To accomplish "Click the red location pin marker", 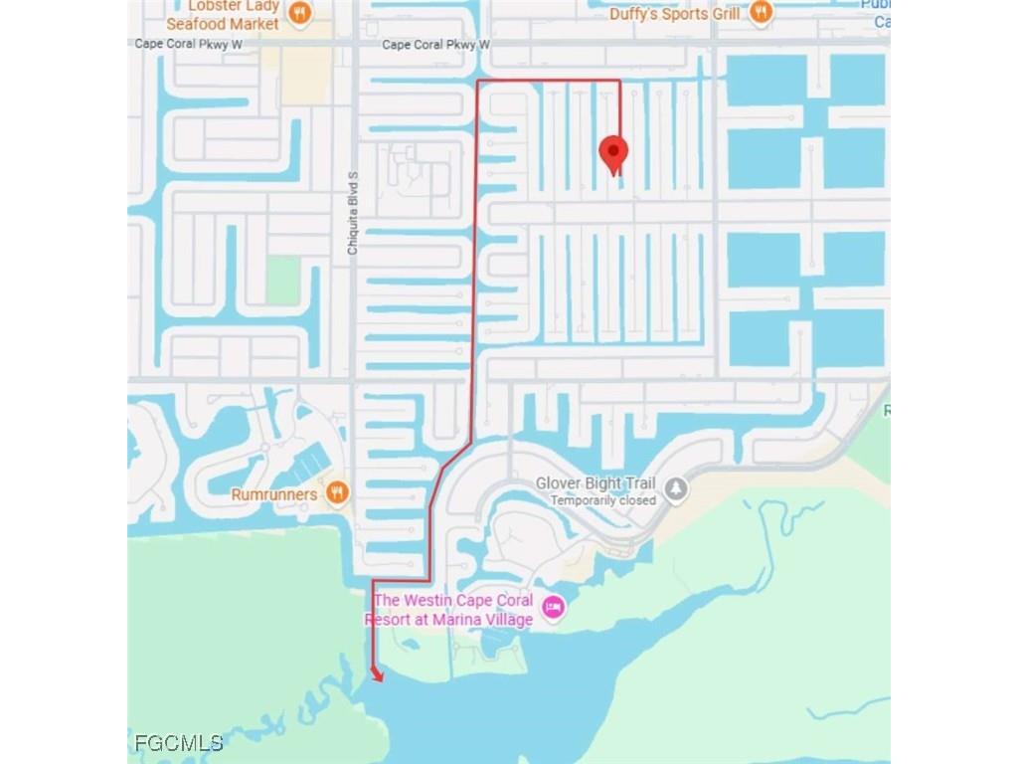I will (x=613, y=154).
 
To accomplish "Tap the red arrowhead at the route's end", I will (x=377, y=675).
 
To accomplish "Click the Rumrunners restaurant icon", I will (x=338, y=494).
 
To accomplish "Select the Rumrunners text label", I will (x=273, y=494).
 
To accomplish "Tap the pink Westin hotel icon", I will (x=554, y=606).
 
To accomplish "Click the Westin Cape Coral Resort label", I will (x=452, y=610).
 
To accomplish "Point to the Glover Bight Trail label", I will (x=596, y=483).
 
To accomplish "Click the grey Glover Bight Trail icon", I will (x=676, y=488).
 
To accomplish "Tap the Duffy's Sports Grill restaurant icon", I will (x=761, y=13).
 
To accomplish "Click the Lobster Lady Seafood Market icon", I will (x=299, y=14).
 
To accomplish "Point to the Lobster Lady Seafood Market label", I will (x=223, y=15).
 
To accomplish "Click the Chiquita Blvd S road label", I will (x=352, y=213).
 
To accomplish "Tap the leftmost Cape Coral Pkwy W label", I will (x=189, y=45).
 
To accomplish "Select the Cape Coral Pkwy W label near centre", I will (x=436, y=45).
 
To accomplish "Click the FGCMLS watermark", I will (x=178, y=742).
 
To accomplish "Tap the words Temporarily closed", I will (x=603, y=500).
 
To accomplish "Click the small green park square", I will (x=282, y=281).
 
